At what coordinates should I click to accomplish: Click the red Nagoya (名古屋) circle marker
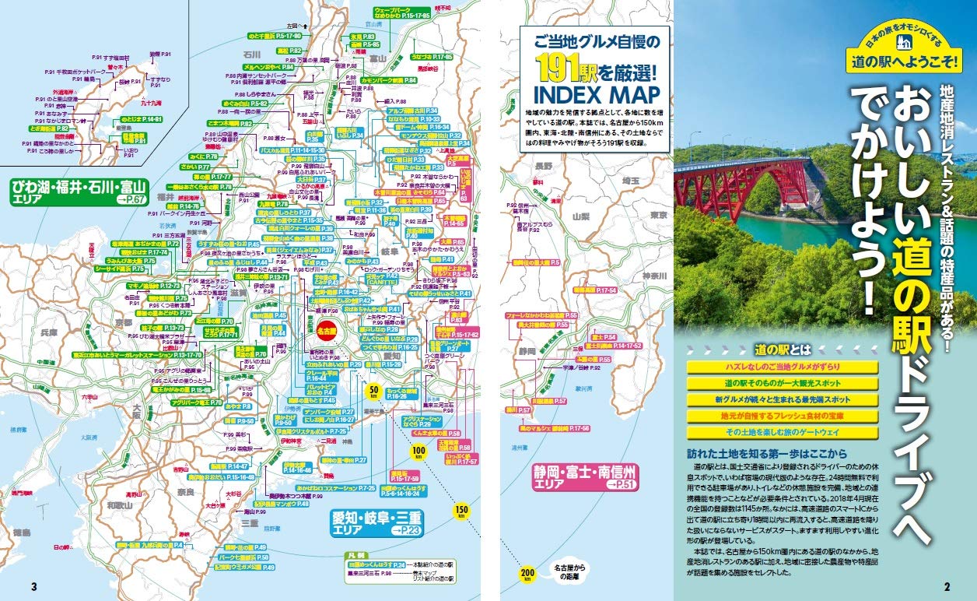tap(327, 330)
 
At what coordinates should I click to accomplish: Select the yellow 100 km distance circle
tap(417, 452)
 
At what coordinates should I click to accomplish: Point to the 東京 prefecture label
tap(658, 215)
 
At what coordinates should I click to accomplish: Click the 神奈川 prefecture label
tap(655, 276)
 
